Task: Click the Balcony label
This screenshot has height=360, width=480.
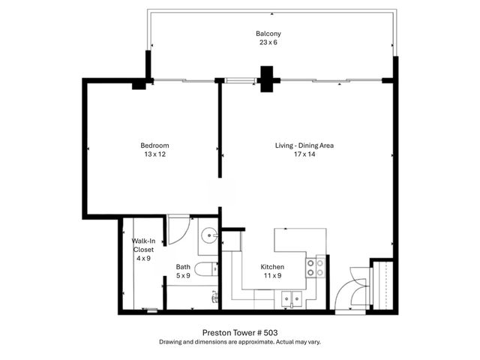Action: [x=268, y=34]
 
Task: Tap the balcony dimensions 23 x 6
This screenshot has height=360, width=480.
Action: [x=268, y=43]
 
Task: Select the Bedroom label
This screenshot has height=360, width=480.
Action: [x=154, y=145]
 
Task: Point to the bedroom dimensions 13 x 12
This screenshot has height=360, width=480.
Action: [x=154, y=154]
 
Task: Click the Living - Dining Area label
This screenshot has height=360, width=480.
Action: [x=304, y=145]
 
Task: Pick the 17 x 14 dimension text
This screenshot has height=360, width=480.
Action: [x=304, y=154]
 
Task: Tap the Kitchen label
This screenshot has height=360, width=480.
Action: [x=271, y=267]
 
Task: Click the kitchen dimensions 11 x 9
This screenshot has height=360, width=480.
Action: [x=271, y=276]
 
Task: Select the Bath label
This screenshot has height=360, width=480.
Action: [x=183, y=267]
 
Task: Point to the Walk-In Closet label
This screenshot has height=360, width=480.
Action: [x=143, y=244]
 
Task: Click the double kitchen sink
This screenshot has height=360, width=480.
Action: [x=290, y=298]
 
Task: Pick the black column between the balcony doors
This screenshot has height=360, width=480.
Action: [x=267, y=76]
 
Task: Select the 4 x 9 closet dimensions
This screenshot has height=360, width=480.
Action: [x=143, y=258]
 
